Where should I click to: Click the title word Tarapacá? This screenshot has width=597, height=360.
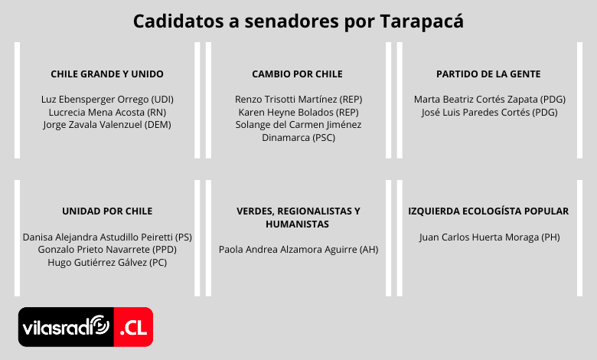pyautogui.click(x=422, y=21)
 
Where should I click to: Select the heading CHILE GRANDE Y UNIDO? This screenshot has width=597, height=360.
pyautogui.click(x=107, y=74)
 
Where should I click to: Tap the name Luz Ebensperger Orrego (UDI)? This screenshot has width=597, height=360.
pyautogui.click(x=107, y=100)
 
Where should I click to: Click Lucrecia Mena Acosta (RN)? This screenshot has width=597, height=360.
pyautogui.click(x=107, y=113)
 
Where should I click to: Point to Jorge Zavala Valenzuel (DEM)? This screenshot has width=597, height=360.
pyautogui.click(x=107, y=125)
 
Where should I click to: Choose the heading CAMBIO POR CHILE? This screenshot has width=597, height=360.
pyautogui.click(x=298, y=74)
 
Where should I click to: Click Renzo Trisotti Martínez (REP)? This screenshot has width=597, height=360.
pyautogui.click(x=298, y=100)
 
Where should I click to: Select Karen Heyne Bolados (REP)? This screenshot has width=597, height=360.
pyautogui.click(x=298, y=113)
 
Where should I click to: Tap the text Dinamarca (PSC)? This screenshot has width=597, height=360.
pyautogui.click(x=298, y=138)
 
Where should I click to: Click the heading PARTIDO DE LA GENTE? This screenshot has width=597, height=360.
pyautogui.click(x=488, y=74)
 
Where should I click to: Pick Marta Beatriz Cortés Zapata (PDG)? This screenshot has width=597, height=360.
pyautogui.click(x=490, y=100)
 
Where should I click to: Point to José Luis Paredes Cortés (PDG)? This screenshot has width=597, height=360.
pyautogui.click(x=490, y=113)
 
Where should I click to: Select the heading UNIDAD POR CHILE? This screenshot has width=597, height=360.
pyautogui.click(x=107, y=211)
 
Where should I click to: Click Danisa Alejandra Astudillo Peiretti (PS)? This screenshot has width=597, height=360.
pyautogui.click(x=107, y=237)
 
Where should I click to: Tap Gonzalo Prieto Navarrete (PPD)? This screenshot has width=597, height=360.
pyautogui.click(x=107, y=250)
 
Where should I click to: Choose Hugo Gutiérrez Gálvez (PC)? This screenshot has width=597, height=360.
pyautogui.click(x=107, y=263)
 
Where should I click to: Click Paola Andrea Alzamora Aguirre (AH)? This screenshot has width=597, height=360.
pyautogui.click(x=298, y=250)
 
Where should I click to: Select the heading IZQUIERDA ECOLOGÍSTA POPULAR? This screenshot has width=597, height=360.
pyautogui.click(x=488, y=211)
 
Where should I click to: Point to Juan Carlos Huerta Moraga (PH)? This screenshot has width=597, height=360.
pyautogui.click(x=490, y=237)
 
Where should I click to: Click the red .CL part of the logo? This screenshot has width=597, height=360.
pyautogui.click(x=134, y=327)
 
